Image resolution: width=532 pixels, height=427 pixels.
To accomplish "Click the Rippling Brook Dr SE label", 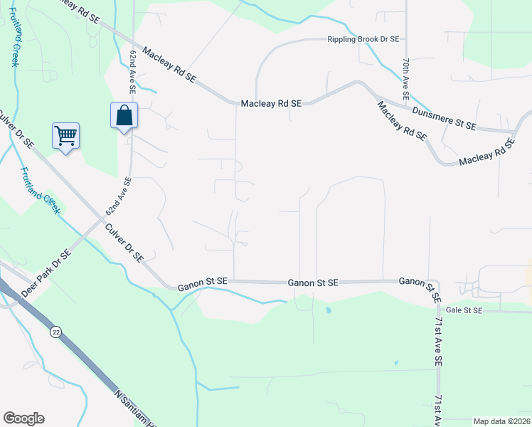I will click(363, 40).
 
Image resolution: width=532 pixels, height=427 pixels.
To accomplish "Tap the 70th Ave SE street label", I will click(405, 78).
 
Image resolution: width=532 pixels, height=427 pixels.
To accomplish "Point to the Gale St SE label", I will click(464, 310).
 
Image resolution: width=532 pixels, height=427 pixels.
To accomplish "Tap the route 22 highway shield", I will click(55, 332).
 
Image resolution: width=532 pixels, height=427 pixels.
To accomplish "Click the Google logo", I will click(23, 418).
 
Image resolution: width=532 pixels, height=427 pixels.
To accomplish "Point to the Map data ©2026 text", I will click(501, 421).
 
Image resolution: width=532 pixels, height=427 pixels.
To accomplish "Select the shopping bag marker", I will click(124, 116).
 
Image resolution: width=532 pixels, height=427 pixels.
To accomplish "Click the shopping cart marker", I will click(65, 135).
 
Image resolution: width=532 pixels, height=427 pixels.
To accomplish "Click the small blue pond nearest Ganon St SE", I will click(328, 310).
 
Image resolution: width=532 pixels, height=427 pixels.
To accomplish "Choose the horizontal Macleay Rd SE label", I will click(272, 103).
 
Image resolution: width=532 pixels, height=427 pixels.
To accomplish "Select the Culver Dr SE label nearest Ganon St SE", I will click(124, 243).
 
